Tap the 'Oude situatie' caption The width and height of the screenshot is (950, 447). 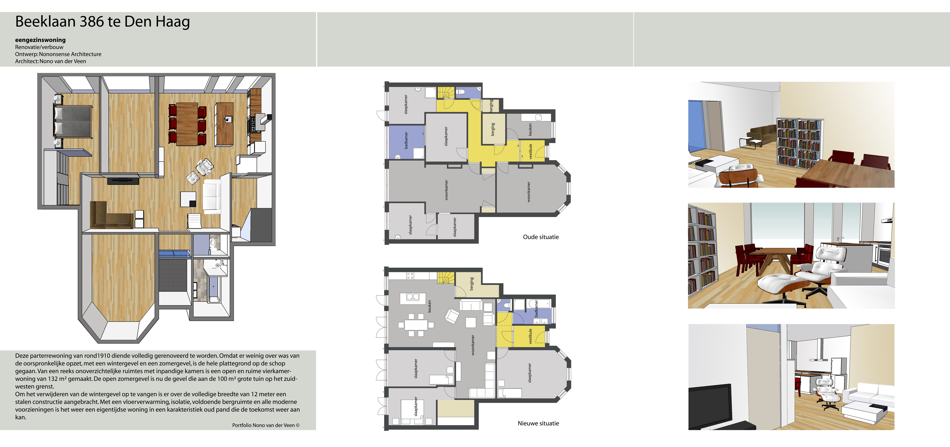(x=541, y=237)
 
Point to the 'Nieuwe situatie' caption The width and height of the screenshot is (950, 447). (x=538, y=423)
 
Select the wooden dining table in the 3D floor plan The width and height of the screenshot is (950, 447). (x=187, y=124)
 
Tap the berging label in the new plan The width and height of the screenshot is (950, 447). (x=471, y=284)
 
